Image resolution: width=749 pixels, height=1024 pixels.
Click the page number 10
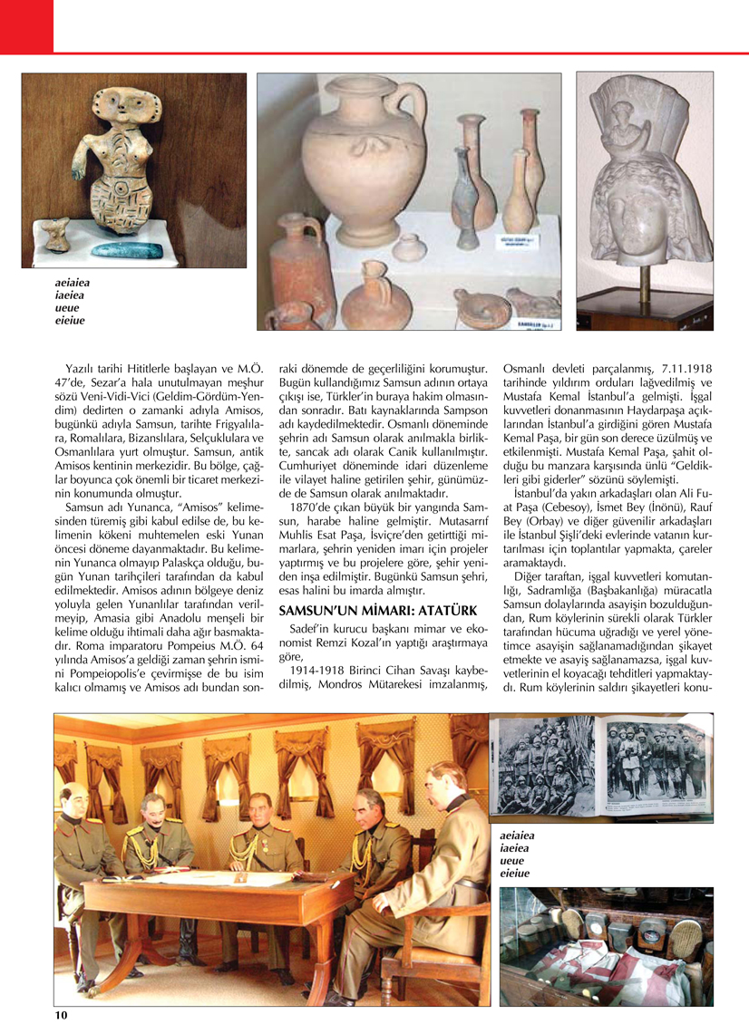point(61,1014)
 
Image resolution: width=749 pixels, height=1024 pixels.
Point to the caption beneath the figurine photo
point(73,300)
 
